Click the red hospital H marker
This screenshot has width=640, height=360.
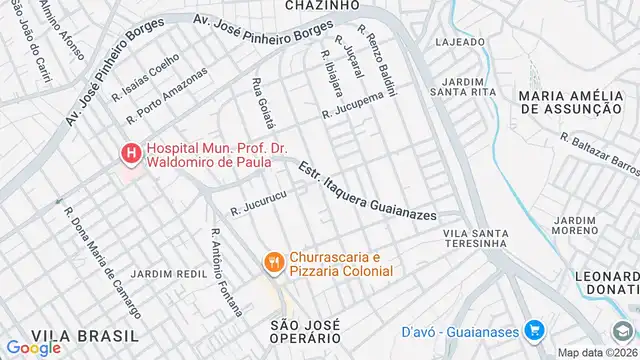click(x=129, y=154)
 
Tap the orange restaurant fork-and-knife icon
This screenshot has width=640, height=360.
click(x=272, y=262)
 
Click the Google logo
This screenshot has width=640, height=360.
click(x=33, y=348)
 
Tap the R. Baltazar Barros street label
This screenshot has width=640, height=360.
click(x=600, y=153)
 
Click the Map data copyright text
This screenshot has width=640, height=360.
click(x=597, y=352)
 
